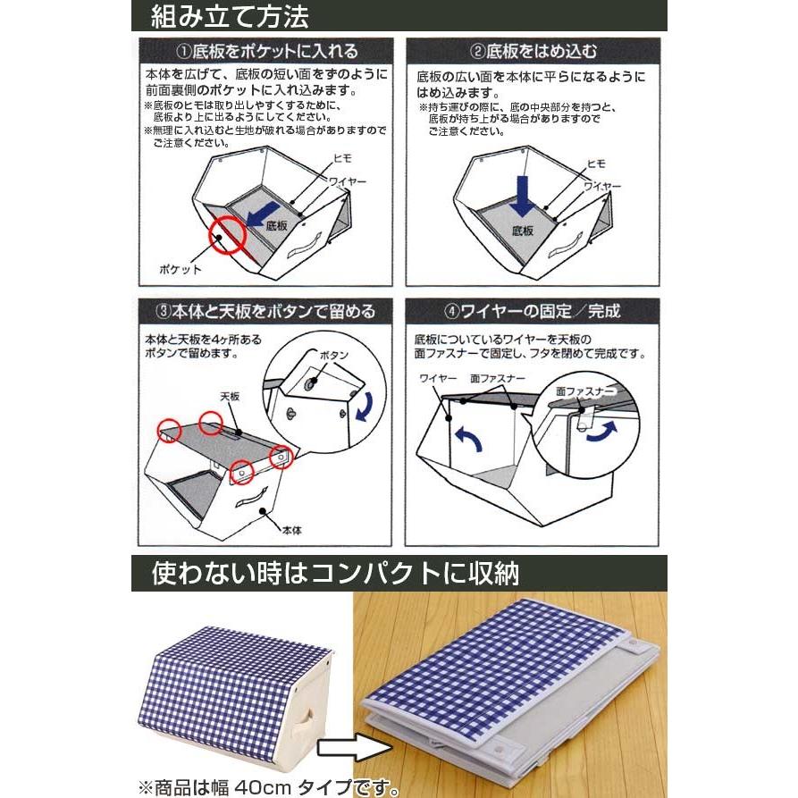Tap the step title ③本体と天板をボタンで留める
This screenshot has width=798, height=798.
click(x=265, y=312)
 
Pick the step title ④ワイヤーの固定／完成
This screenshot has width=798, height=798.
click(x=534, y=312)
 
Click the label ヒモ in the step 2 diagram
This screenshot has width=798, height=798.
click(x=596, y=165)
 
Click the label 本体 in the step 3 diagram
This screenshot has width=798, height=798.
click(x=291, y=529)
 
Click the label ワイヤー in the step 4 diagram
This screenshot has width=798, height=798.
click(x=436, y=380)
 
